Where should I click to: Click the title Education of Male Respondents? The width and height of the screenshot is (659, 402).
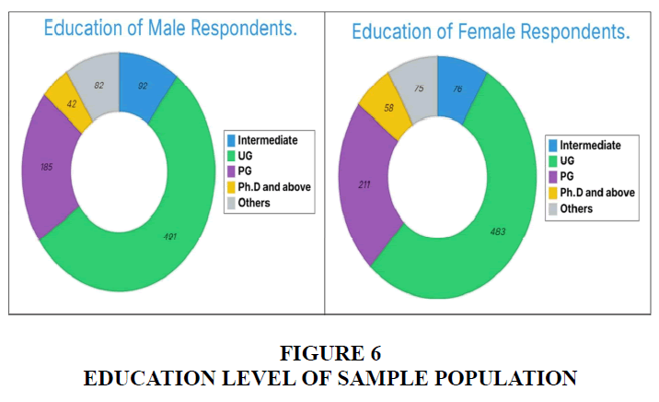coord(170,28)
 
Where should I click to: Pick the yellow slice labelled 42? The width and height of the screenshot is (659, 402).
coord(71,105)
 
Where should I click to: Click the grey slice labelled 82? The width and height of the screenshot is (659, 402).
coord(97,85)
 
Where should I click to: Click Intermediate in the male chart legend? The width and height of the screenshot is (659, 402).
coord(269,140)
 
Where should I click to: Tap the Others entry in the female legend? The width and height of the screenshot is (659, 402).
coord(576,207)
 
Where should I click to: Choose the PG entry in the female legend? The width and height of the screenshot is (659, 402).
coord(569,176)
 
